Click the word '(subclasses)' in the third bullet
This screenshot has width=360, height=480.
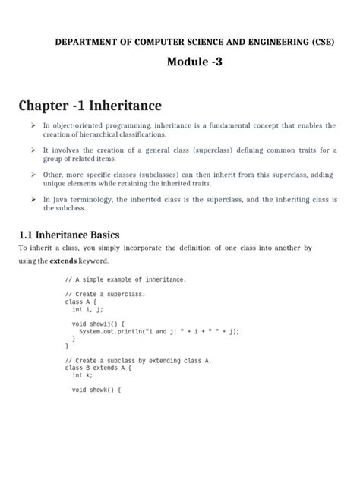[166, 175]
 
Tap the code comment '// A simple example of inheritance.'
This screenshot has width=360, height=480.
[125, 279]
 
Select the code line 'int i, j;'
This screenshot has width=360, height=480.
[88, 309]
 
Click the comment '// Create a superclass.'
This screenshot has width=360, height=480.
[105, 294]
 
